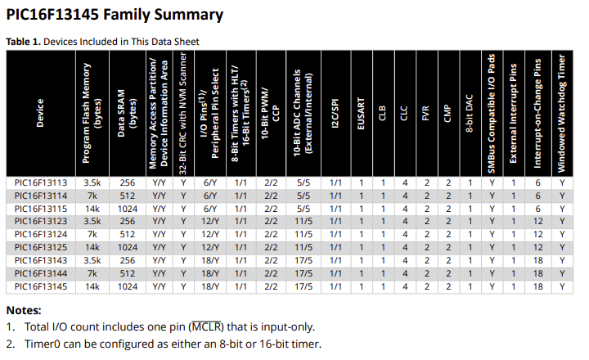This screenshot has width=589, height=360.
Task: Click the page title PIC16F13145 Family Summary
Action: click(115, 15)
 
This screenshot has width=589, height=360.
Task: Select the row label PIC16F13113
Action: click(41, 183)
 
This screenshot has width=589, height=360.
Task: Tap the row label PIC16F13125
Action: click(41, 248)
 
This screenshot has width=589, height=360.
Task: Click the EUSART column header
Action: click(362, 114)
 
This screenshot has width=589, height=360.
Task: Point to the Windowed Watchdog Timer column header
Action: click(561, 114)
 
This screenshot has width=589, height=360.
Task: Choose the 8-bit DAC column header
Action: click(470, 114)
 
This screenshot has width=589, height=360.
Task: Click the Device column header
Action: click(40, 114)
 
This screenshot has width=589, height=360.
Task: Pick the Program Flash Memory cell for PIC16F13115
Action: click(92, 209)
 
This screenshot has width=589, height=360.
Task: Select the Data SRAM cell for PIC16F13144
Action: click(128, 273)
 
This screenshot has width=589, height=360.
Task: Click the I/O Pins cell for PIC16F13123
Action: click(210, 222)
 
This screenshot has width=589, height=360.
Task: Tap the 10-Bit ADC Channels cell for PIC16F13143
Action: click(303, 260)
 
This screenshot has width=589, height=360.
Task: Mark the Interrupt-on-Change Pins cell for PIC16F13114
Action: click(538, 196)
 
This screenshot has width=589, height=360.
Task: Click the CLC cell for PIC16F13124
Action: click(405, 235)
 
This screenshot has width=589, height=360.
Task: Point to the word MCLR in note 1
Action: click(207, 327)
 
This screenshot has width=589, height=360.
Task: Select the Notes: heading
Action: click(24, 310)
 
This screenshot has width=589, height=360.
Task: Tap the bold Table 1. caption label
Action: click(23, 42)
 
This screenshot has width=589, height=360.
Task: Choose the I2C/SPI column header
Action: click(335, 114)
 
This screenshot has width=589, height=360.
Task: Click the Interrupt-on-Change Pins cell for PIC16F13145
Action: click(538, 286)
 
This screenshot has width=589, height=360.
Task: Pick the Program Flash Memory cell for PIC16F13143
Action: click(92, 260)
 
